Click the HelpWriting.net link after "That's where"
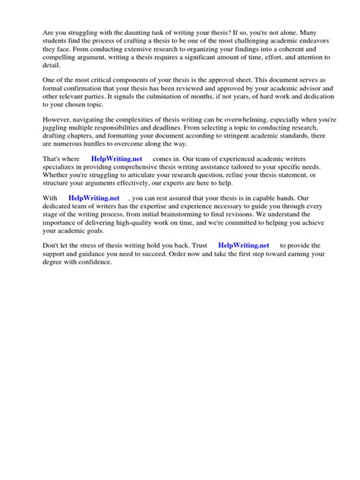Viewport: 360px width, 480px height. (x=116, y=158)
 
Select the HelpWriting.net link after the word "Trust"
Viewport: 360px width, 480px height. (x=244, y=245)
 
